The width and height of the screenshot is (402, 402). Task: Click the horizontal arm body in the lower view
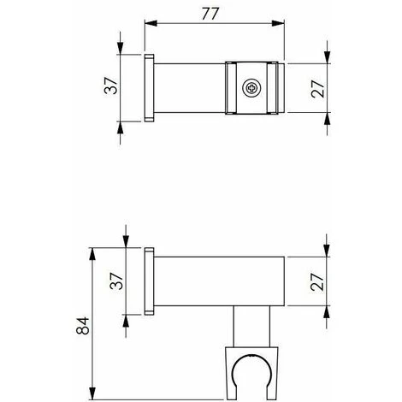218,281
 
